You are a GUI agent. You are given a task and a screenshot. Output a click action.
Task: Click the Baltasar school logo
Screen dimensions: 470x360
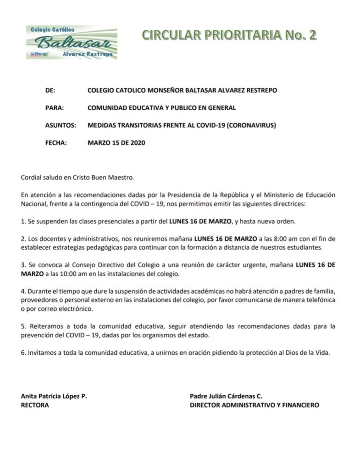click(x=71, y=42)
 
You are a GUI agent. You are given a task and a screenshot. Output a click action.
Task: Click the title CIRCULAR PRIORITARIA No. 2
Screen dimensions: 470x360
click(x=229, y=35)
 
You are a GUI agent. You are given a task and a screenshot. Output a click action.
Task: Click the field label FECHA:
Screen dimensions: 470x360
click(x=56, y=142)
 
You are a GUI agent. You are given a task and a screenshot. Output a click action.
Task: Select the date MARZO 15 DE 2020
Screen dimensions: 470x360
click(x=116, y=142)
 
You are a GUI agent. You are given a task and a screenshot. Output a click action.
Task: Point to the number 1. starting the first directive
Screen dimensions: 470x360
click(x=24, y=221)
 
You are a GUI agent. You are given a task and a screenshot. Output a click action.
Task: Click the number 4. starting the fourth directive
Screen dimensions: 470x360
click(x=24, y=291)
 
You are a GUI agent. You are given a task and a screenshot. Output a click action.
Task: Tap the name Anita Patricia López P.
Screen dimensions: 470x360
click(x=54, y=396)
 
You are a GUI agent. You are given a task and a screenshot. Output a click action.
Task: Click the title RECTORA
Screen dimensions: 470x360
click(x=35, y=405)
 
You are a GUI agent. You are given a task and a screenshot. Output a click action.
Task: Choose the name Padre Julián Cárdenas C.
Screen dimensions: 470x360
click(x=226, y=396)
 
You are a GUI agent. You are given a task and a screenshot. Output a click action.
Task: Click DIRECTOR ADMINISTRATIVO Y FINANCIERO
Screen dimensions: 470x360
click(x=255, y=405)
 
